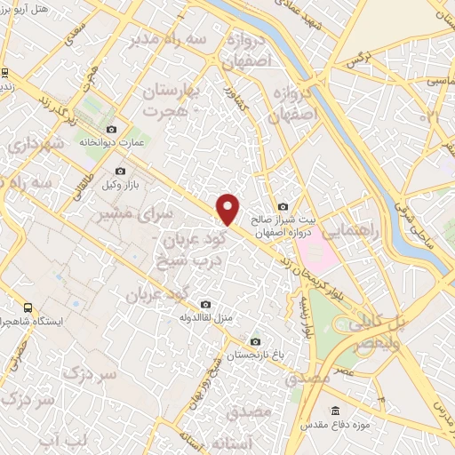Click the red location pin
pos(228,209)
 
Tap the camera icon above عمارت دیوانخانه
pos(111,130)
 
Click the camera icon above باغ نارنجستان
pos(255,341)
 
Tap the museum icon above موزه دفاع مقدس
pos(335,410)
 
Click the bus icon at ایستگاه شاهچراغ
pos(28,307)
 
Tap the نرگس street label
pos(356,60)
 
